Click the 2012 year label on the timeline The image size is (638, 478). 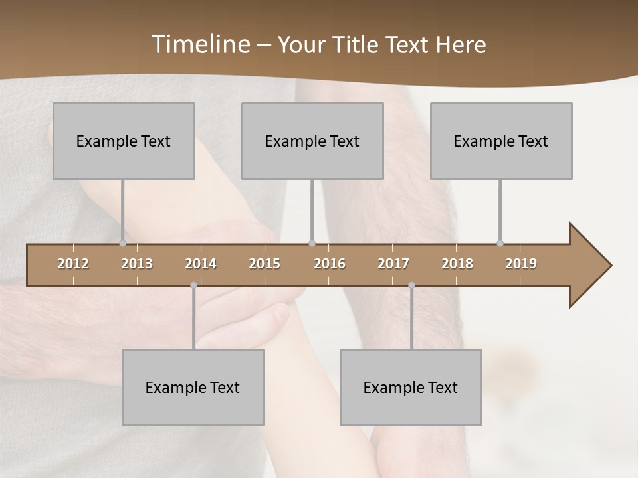[73, 264]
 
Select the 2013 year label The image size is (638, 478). [137, 264]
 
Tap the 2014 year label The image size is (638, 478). [201, 264]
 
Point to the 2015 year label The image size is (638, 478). [265, 264]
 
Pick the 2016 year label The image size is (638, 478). [330, 264]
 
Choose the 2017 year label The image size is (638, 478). [393, 264]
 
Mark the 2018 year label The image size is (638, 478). [457, 264]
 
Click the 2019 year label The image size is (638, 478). [521, 264]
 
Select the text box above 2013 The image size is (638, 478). [124, 141]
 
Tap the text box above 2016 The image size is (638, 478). [312, 141]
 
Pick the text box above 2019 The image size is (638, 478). [501, 141]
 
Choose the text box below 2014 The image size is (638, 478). [193, 387]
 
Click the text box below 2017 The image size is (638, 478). [411, 387]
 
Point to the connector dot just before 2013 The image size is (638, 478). [122, 243]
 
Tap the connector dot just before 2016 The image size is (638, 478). [312, 243]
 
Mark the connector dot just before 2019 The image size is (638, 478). [500, 243]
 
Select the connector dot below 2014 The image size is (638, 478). [193, 285]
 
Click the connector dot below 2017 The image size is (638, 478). [411, 285]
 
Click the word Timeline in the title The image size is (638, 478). [201, 44]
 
